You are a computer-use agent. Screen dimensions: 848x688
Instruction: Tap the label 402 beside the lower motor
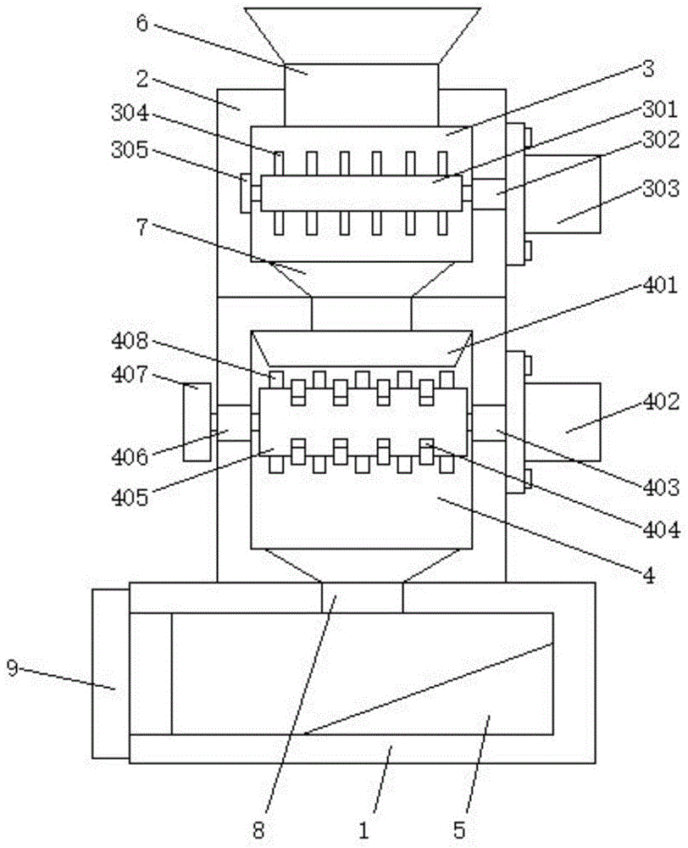tap(659, 399)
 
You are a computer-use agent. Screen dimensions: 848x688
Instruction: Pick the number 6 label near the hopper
tap(142, 23)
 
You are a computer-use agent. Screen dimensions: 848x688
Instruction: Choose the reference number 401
tap(659, 286)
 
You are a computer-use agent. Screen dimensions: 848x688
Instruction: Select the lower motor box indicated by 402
tap(563, 421)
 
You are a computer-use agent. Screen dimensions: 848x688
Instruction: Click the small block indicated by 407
tap(197, 421)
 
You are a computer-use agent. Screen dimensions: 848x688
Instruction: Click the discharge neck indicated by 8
tap(362, 597)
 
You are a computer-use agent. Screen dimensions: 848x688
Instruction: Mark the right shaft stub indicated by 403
tap(489, 421)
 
